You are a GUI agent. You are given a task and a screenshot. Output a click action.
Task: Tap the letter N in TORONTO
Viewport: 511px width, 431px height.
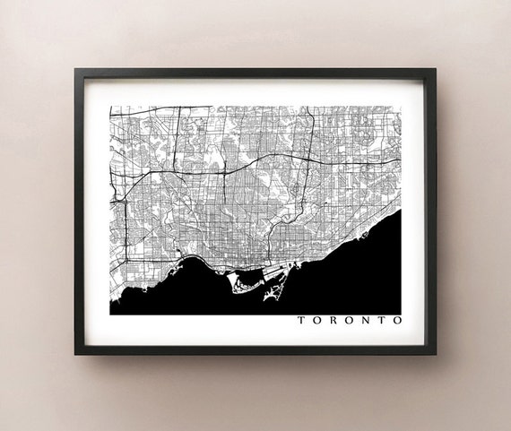(365, 319)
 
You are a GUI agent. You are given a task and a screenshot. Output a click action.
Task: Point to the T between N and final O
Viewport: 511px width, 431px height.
(382, 319)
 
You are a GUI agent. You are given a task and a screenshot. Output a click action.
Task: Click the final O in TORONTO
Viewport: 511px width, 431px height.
(397, 319)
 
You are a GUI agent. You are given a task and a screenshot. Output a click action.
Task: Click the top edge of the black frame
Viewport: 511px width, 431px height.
(255, 72)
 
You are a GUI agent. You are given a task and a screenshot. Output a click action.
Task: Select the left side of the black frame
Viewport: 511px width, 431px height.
(79, 211)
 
